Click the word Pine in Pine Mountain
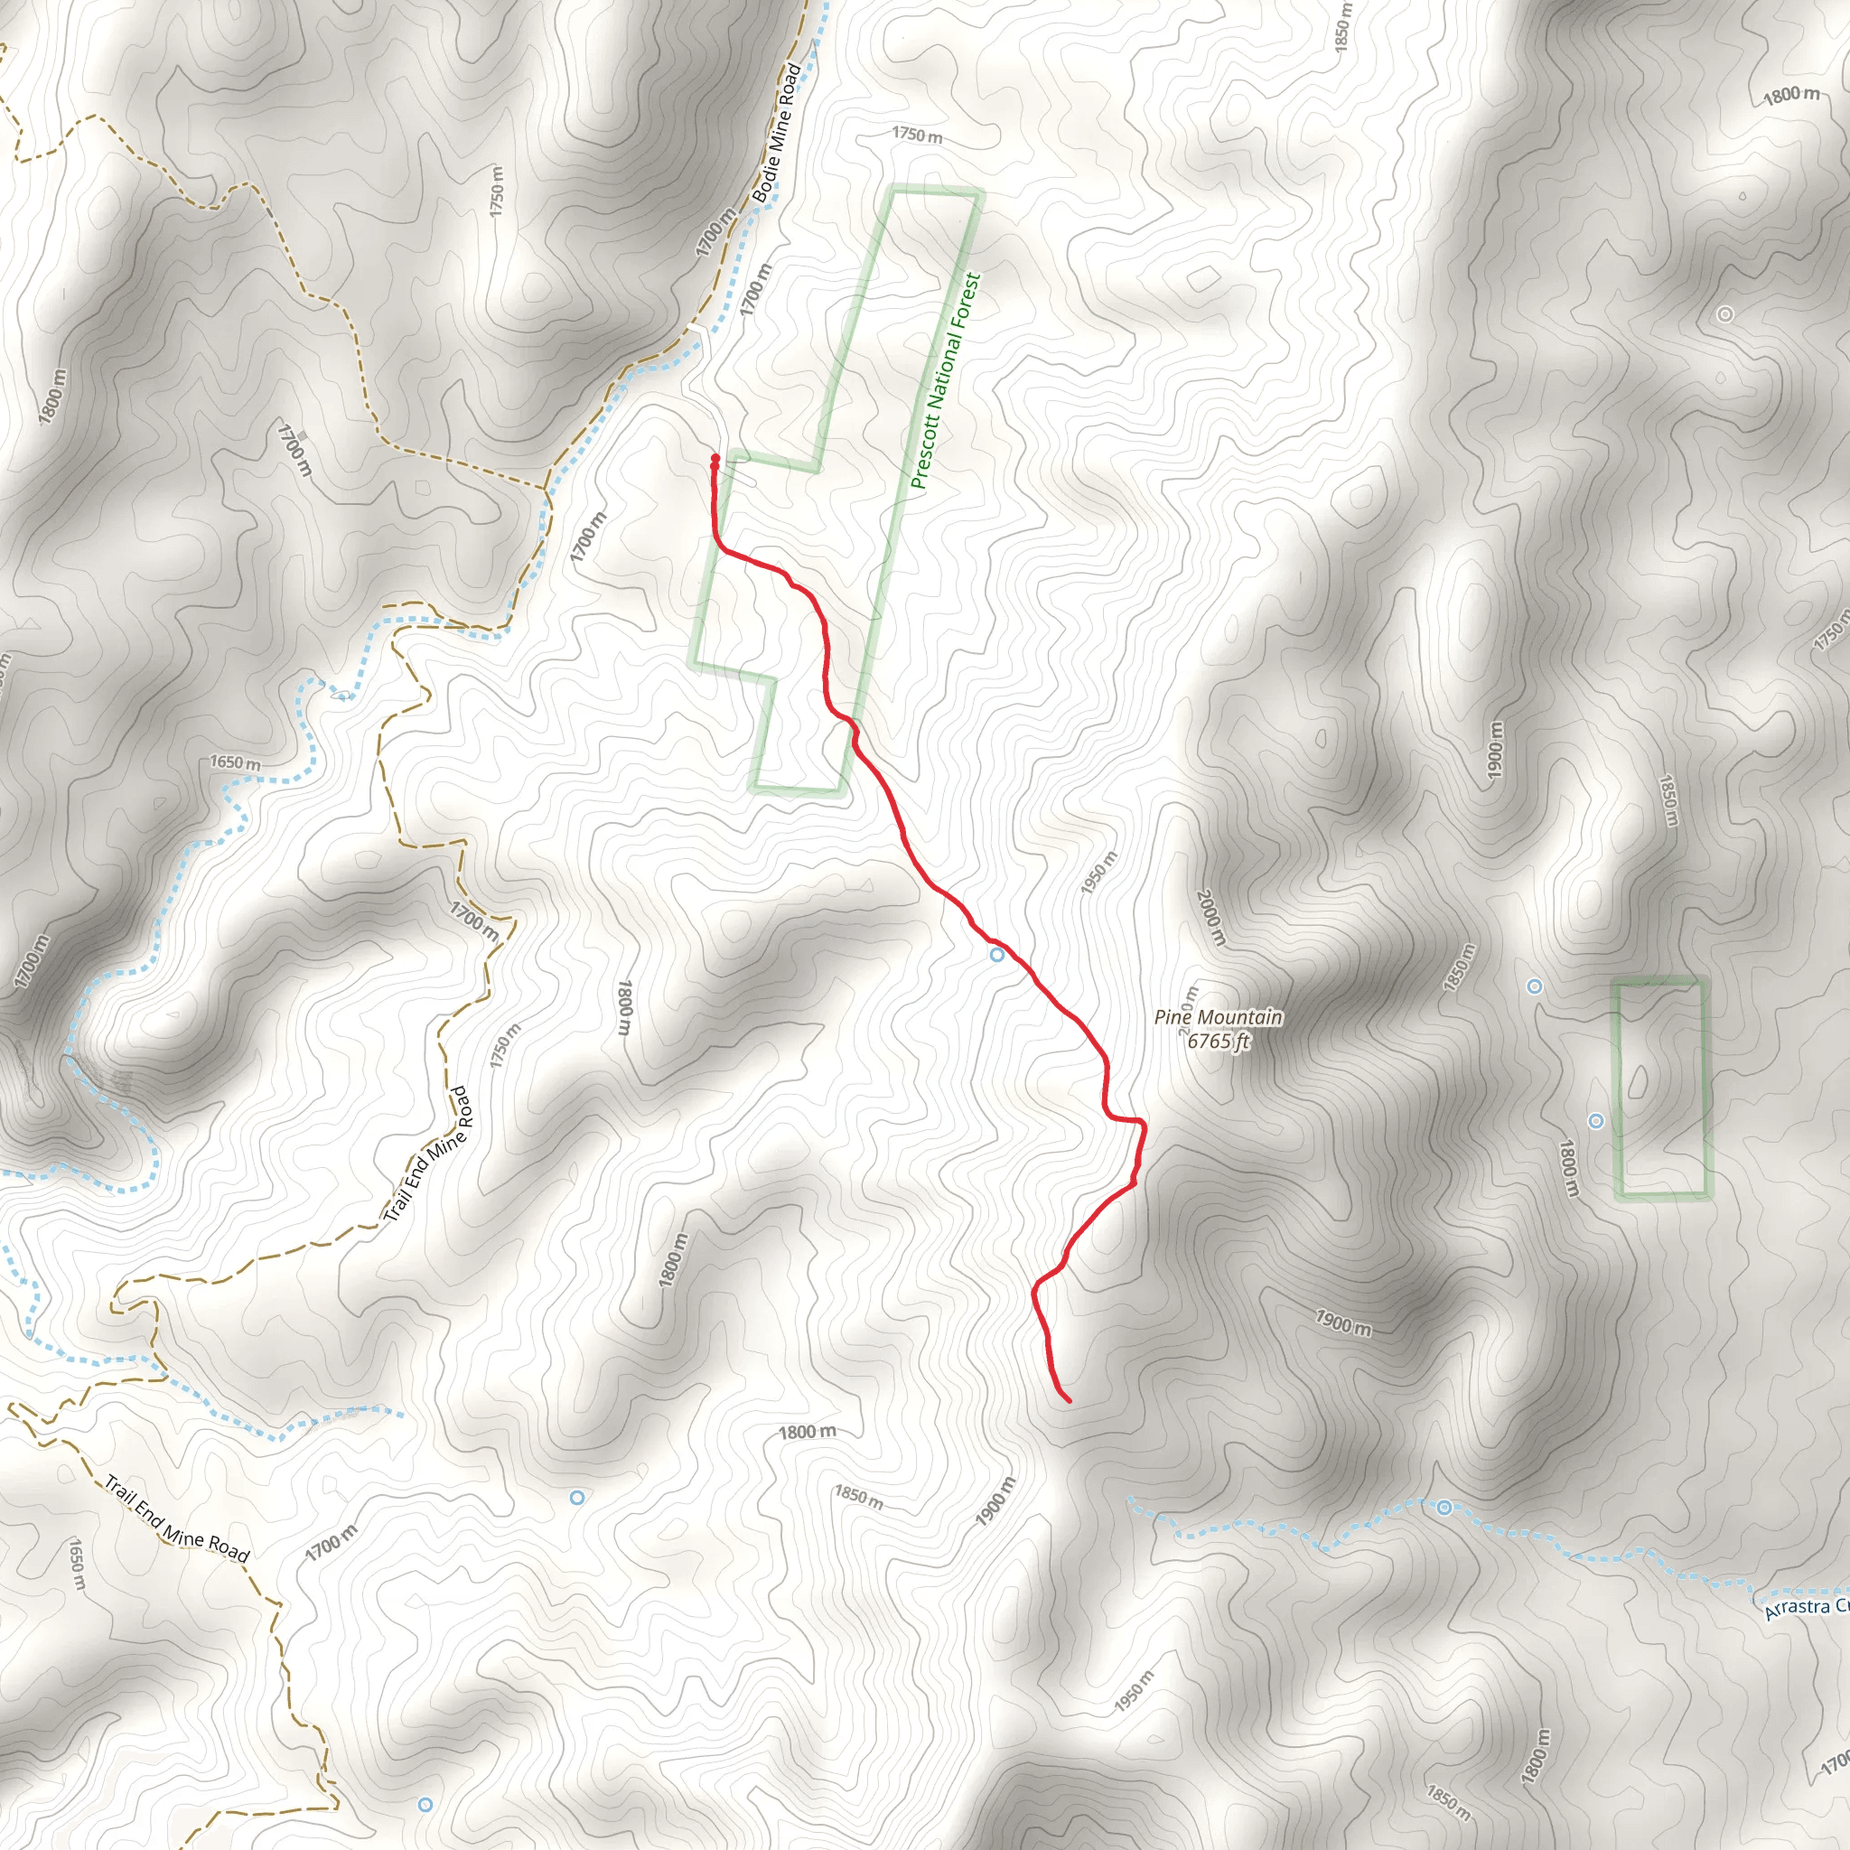1173,1018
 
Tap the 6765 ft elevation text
1219,1041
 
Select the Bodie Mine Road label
776,133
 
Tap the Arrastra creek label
1806,1608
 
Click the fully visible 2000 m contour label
1210,919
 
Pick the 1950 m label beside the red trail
1098,874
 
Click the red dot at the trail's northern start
715,460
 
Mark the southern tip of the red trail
1069,1402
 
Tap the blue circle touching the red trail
997,955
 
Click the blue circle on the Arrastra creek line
1444,1509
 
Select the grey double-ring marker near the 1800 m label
1725,314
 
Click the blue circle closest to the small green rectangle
1596,1121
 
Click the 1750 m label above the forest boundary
916,135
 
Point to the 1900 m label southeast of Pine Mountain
1342,1322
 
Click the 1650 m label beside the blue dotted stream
235,763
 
